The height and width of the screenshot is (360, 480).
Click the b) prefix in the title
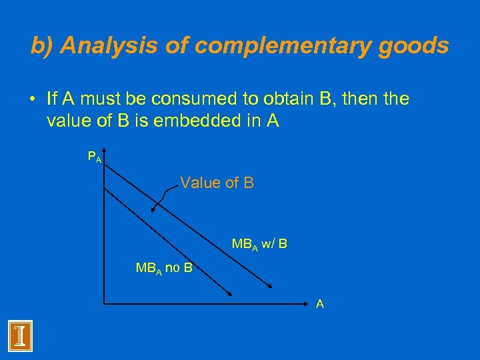pyautogui.click(x=42, y=45)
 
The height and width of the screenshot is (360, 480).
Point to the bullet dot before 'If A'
pyautogui.click(x=31, y=100)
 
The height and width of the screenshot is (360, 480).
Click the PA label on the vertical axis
pyautogui.click(x=95, y=157)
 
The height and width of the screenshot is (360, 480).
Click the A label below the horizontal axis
pyautogui.click(x=320, y=304)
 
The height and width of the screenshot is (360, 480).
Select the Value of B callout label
pyautogui.click(x=217, y=182)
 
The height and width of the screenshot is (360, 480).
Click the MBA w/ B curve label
pyautogui.click(x=259, y=244)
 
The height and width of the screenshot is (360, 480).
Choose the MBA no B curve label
pyautogui.click(x=164, y=269)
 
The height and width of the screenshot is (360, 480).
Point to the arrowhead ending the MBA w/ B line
pyautogui.click(x=271, y=286)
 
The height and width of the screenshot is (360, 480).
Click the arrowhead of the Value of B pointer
pyautogui.click(x=153, y=209)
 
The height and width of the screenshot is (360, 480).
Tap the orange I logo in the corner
pyautogui.click(x=20, y=335)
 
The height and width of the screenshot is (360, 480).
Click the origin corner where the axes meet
pyautogui.click(x=103, y=304)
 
